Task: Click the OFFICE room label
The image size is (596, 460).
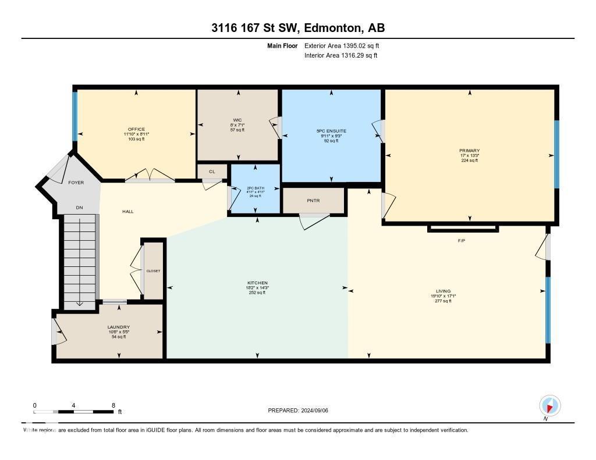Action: tap(136, 129)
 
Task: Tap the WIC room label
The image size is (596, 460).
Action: tap(237, 120)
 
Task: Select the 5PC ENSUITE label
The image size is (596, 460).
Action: tap(331, 131)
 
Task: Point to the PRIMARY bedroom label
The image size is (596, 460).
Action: tap(469, 151)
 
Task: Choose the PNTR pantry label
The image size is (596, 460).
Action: tap(313, 200)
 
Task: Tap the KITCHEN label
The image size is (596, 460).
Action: tap(257, 283)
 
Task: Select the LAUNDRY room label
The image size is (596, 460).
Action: tap(119, 327)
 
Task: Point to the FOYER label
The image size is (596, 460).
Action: tap(76, 183)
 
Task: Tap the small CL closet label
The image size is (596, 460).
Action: tap(212, 172)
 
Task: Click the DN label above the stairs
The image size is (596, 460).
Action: tap(79, 208)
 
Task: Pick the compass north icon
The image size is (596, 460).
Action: tap(549, 405)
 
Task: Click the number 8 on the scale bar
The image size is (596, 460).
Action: tap(113, 405)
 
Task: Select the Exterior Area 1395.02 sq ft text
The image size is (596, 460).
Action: tap(342, 45)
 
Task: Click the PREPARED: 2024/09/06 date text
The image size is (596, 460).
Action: tap(302, 411)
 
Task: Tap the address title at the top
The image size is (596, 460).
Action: tap(297, 28)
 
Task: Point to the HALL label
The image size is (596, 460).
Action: tap(128, 211)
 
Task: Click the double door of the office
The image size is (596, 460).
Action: tap(150, 177)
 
